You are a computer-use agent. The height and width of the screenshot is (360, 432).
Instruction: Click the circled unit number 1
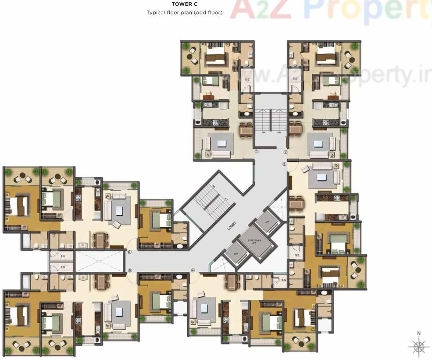(x=257, y=152)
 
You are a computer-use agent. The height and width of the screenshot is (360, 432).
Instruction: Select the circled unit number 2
(x=285, y=152)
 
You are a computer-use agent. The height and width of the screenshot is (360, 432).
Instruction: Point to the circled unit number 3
(x=284, y=164)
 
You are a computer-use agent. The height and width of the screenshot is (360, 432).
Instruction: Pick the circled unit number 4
(x=193, y=271)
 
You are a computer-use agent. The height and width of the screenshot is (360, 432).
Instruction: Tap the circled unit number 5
(x=129, y=271)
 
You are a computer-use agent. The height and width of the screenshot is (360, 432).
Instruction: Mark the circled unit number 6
(x=129, y=252)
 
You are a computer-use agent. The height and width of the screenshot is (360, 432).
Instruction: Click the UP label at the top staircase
(x=263, y=132)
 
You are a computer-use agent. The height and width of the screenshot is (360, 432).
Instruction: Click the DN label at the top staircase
(x=278, y=132)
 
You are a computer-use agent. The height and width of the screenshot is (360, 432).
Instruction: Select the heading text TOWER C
(x=184, y=4)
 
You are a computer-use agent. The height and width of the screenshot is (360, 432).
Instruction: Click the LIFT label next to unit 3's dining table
(x=268, y=223)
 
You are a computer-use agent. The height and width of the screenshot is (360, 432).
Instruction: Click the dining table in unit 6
(x=101, y=239)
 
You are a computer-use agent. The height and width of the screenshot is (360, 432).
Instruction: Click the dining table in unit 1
(x=246, y=129)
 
